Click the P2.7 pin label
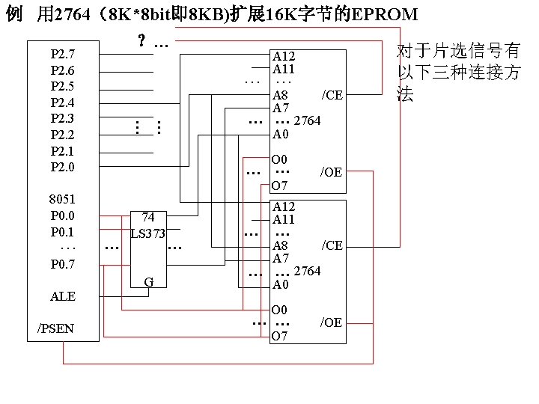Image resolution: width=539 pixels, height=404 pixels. coord(62,54)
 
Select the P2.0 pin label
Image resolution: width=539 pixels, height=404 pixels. coord(62,167)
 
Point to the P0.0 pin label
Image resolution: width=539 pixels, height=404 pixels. coord(62,216)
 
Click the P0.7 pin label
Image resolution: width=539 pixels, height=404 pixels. coord(62,264)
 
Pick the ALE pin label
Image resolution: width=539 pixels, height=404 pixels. coord(62,297)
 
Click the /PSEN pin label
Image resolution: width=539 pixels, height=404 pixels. coord(56,328)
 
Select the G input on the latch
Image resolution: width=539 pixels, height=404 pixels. coord(148,282)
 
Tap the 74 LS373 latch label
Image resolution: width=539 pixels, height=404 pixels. coord(147,225)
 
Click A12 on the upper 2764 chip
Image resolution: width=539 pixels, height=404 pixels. coord(284,56)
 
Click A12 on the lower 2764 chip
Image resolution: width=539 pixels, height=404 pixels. coord(284,206)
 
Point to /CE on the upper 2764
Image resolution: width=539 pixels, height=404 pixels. coord(332,95)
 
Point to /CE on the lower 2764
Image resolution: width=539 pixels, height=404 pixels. coord(332,245)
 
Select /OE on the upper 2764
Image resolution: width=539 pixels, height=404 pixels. coord(331,172)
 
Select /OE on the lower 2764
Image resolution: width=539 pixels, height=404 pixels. coord(331,322)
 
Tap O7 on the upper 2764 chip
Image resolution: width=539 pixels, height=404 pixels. coord(279,186)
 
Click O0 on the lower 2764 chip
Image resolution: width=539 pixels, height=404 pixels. coord(279,310)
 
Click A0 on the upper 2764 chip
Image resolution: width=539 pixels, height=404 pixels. coord(280,135)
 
